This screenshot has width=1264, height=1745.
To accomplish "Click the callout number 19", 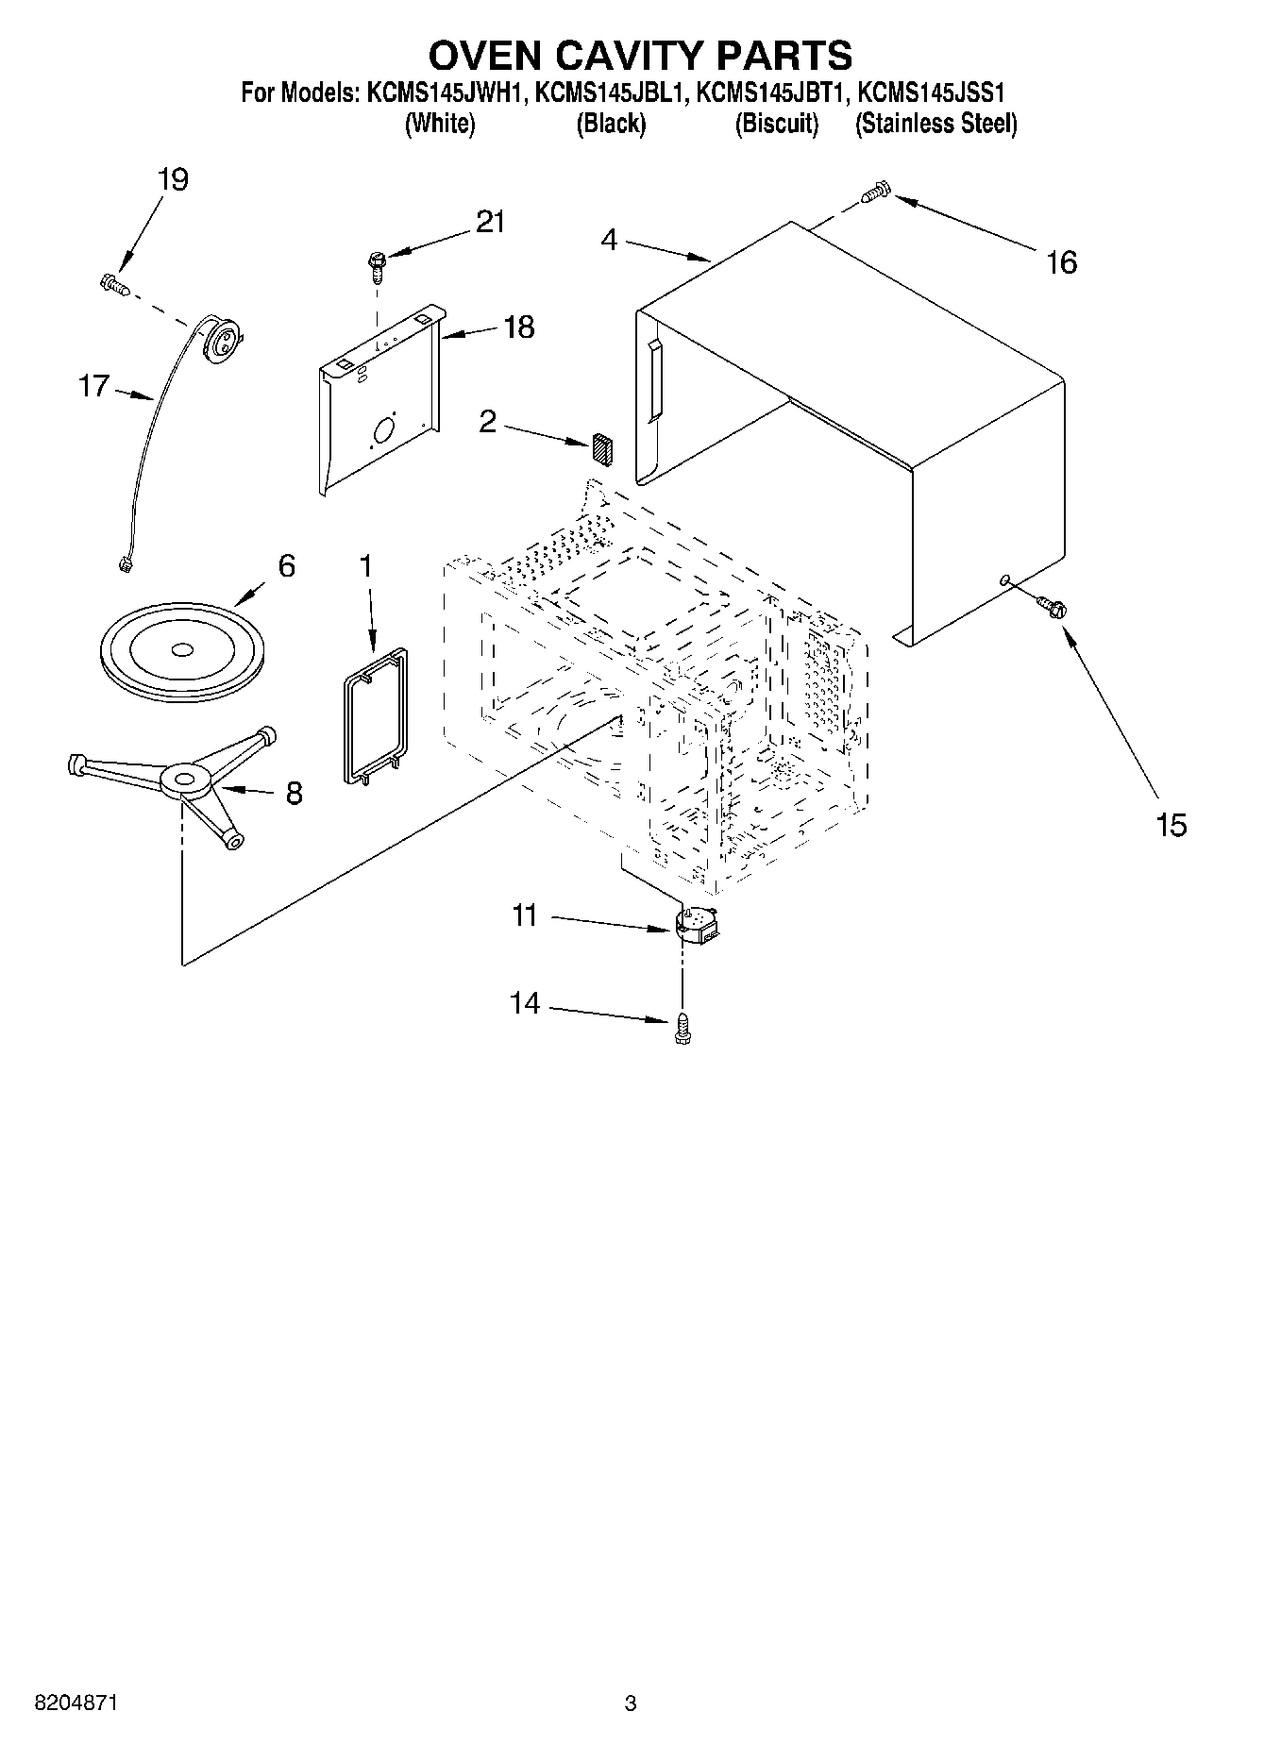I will pyautogui.click(x=173, y=179).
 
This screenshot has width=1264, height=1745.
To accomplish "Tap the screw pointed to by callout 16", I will pyautogui.click(x=875, y=193).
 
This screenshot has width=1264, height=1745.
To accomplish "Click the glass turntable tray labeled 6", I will pyautogui.click(x=181, y=648).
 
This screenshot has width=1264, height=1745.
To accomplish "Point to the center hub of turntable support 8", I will pyautogui.click(x=184, y=779).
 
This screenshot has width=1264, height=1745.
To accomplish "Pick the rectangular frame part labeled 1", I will pyautogui.click(x=374, y=715).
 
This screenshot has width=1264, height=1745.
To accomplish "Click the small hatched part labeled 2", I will pyautogui.click(x=602, y=449).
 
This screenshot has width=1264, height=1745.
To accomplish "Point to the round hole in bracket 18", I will pyautogui.click(x=385, y=431).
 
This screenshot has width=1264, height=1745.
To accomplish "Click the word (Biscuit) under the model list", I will pyautogui.click(x=776, y=124).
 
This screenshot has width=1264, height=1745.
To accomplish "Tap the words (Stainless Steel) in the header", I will pyautogui.click(x=935, y=124).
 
